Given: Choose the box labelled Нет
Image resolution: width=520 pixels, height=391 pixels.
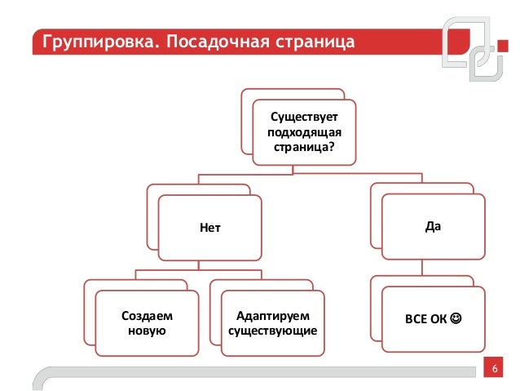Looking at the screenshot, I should click(210, 228).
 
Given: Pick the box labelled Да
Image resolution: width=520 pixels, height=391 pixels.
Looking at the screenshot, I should click(433, 224).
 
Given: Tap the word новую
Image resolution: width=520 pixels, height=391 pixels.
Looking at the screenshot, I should click(147, 330).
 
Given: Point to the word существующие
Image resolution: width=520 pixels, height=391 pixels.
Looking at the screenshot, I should click(272, 330).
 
